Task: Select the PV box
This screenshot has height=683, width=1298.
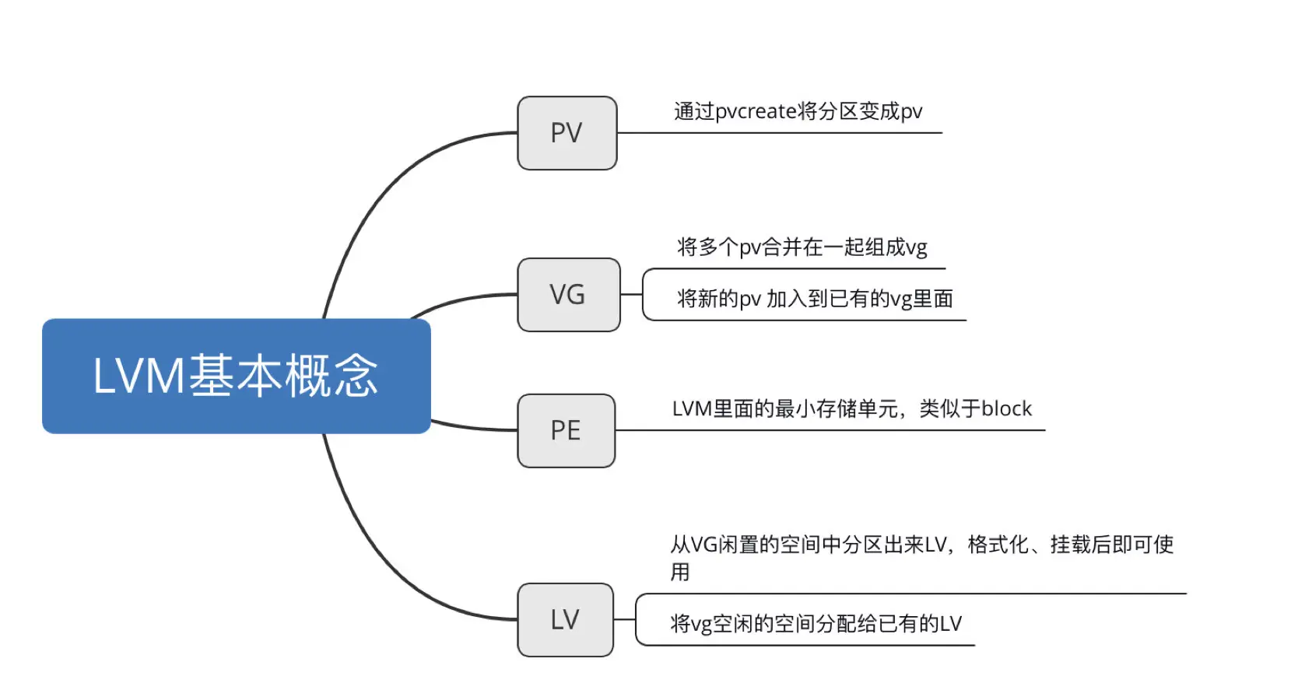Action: tap(567, 133)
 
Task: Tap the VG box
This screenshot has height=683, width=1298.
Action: tap(568, 295)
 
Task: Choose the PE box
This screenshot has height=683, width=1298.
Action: tap(566, 430)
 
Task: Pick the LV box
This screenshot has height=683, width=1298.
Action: tap(565, 620)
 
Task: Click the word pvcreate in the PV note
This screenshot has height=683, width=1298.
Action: tap(755, 112)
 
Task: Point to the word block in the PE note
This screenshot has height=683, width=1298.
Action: tap(1006, 409)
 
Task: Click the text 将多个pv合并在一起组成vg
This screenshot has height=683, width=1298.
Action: tap(802, 247)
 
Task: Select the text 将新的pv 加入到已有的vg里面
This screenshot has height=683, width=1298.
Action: tap(814, 299)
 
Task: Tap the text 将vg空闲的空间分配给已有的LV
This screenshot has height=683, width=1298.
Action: tap(816, 624)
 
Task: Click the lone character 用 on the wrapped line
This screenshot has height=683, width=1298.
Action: tap(680, 573)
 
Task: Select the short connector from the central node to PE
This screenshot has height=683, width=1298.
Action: tap(473, 427)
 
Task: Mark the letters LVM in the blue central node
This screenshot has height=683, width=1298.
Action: tap(139, 377)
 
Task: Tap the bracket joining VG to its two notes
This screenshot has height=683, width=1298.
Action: tap(643, 295)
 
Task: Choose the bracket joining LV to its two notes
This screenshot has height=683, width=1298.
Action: tap(636, 620)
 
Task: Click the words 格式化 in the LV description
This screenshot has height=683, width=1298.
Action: tap(998, 545)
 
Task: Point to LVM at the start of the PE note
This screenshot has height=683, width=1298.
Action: tap(692, 409)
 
